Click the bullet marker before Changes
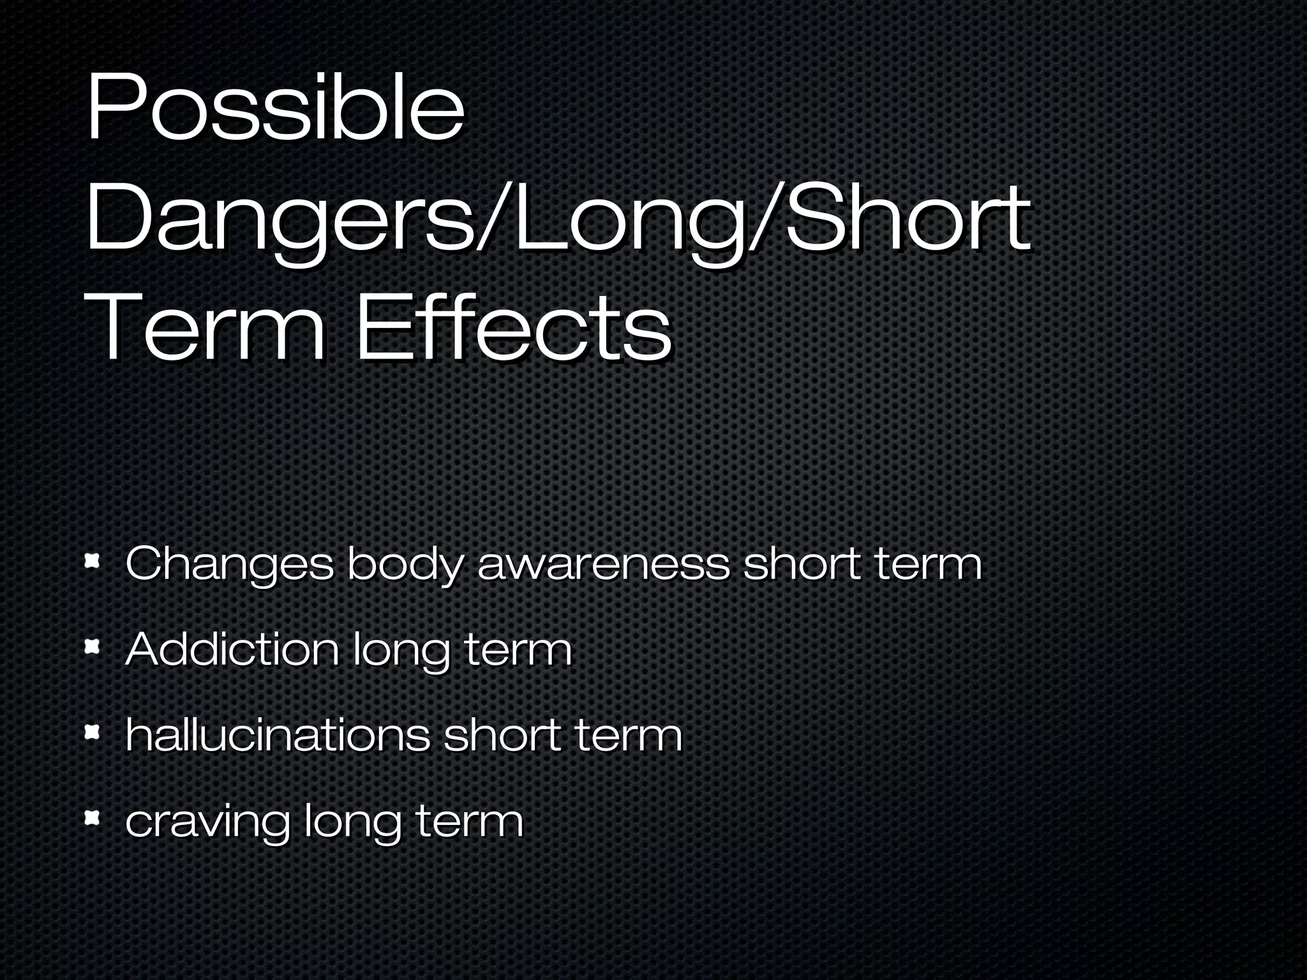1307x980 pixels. coord(93,562)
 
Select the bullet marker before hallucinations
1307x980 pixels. coord(93,732)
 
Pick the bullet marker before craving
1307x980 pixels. coord(93,818)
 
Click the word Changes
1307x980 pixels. coord(229,565)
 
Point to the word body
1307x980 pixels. coord(405,565)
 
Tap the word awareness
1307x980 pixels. coord(603,564)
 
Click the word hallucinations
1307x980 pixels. coord(278,734)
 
